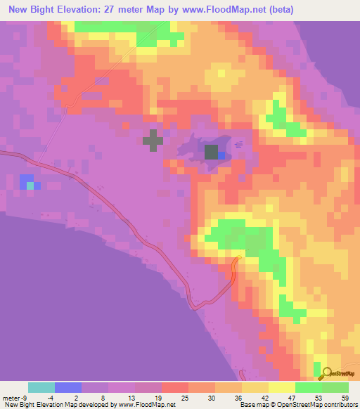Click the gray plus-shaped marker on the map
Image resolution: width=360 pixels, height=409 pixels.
(x=153, y=140)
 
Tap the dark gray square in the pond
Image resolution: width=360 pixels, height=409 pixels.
(x=211, y=152)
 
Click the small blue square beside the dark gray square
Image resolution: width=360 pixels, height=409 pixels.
(x=221, y=155)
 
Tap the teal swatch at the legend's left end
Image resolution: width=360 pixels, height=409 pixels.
(x=41, y=387)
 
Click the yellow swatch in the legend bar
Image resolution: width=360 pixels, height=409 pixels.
(x=281, y=387)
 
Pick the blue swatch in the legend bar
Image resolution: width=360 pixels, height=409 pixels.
(x=67, y=387)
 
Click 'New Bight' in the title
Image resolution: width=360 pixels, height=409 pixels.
(x=26, y=10)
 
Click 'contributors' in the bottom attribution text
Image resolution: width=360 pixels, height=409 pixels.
(x=340, y=405)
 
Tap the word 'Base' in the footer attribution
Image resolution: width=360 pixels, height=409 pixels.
(x=247, y=405)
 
